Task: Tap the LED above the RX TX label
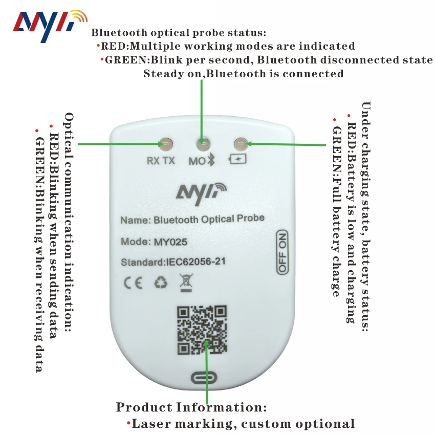[165, 144]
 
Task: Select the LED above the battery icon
[240, 144]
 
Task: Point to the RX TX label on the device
[161, 161]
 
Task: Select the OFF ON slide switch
[282, 252]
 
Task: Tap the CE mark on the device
[133, 284]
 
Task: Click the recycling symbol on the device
[160, 283]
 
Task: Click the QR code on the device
[202, 330]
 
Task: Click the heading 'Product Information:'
[191, 408]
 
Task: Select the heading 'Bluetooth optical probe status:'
[179, 33]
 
